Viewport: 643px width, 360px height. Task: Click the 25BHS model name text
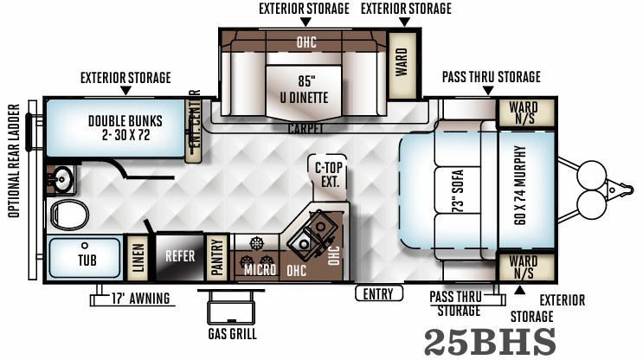coord(490,342)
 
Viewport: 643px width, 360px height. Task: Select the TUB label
coord(87,259)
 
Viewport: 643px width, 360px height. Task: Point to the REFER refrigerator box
coord(180,256)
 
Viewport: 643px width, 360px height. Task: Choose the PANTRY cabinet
coord(218,257)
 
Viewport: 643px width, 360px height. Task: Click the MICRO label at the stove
coord(259,270)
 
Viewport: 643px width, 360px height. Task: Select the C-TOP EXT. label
coord(328,174)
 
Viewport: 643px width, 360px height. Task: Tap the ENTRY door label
coord(378,294)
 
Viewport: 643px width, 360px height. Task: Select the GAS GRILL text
coord(232,334)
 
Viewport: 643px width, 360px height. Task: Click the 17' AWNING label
coord(138,300)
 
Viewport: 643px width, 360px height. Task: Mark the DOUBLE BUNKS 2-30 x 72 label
coord(119,128)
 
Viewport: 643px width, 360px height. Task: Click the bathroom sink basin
coord(61,178)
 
